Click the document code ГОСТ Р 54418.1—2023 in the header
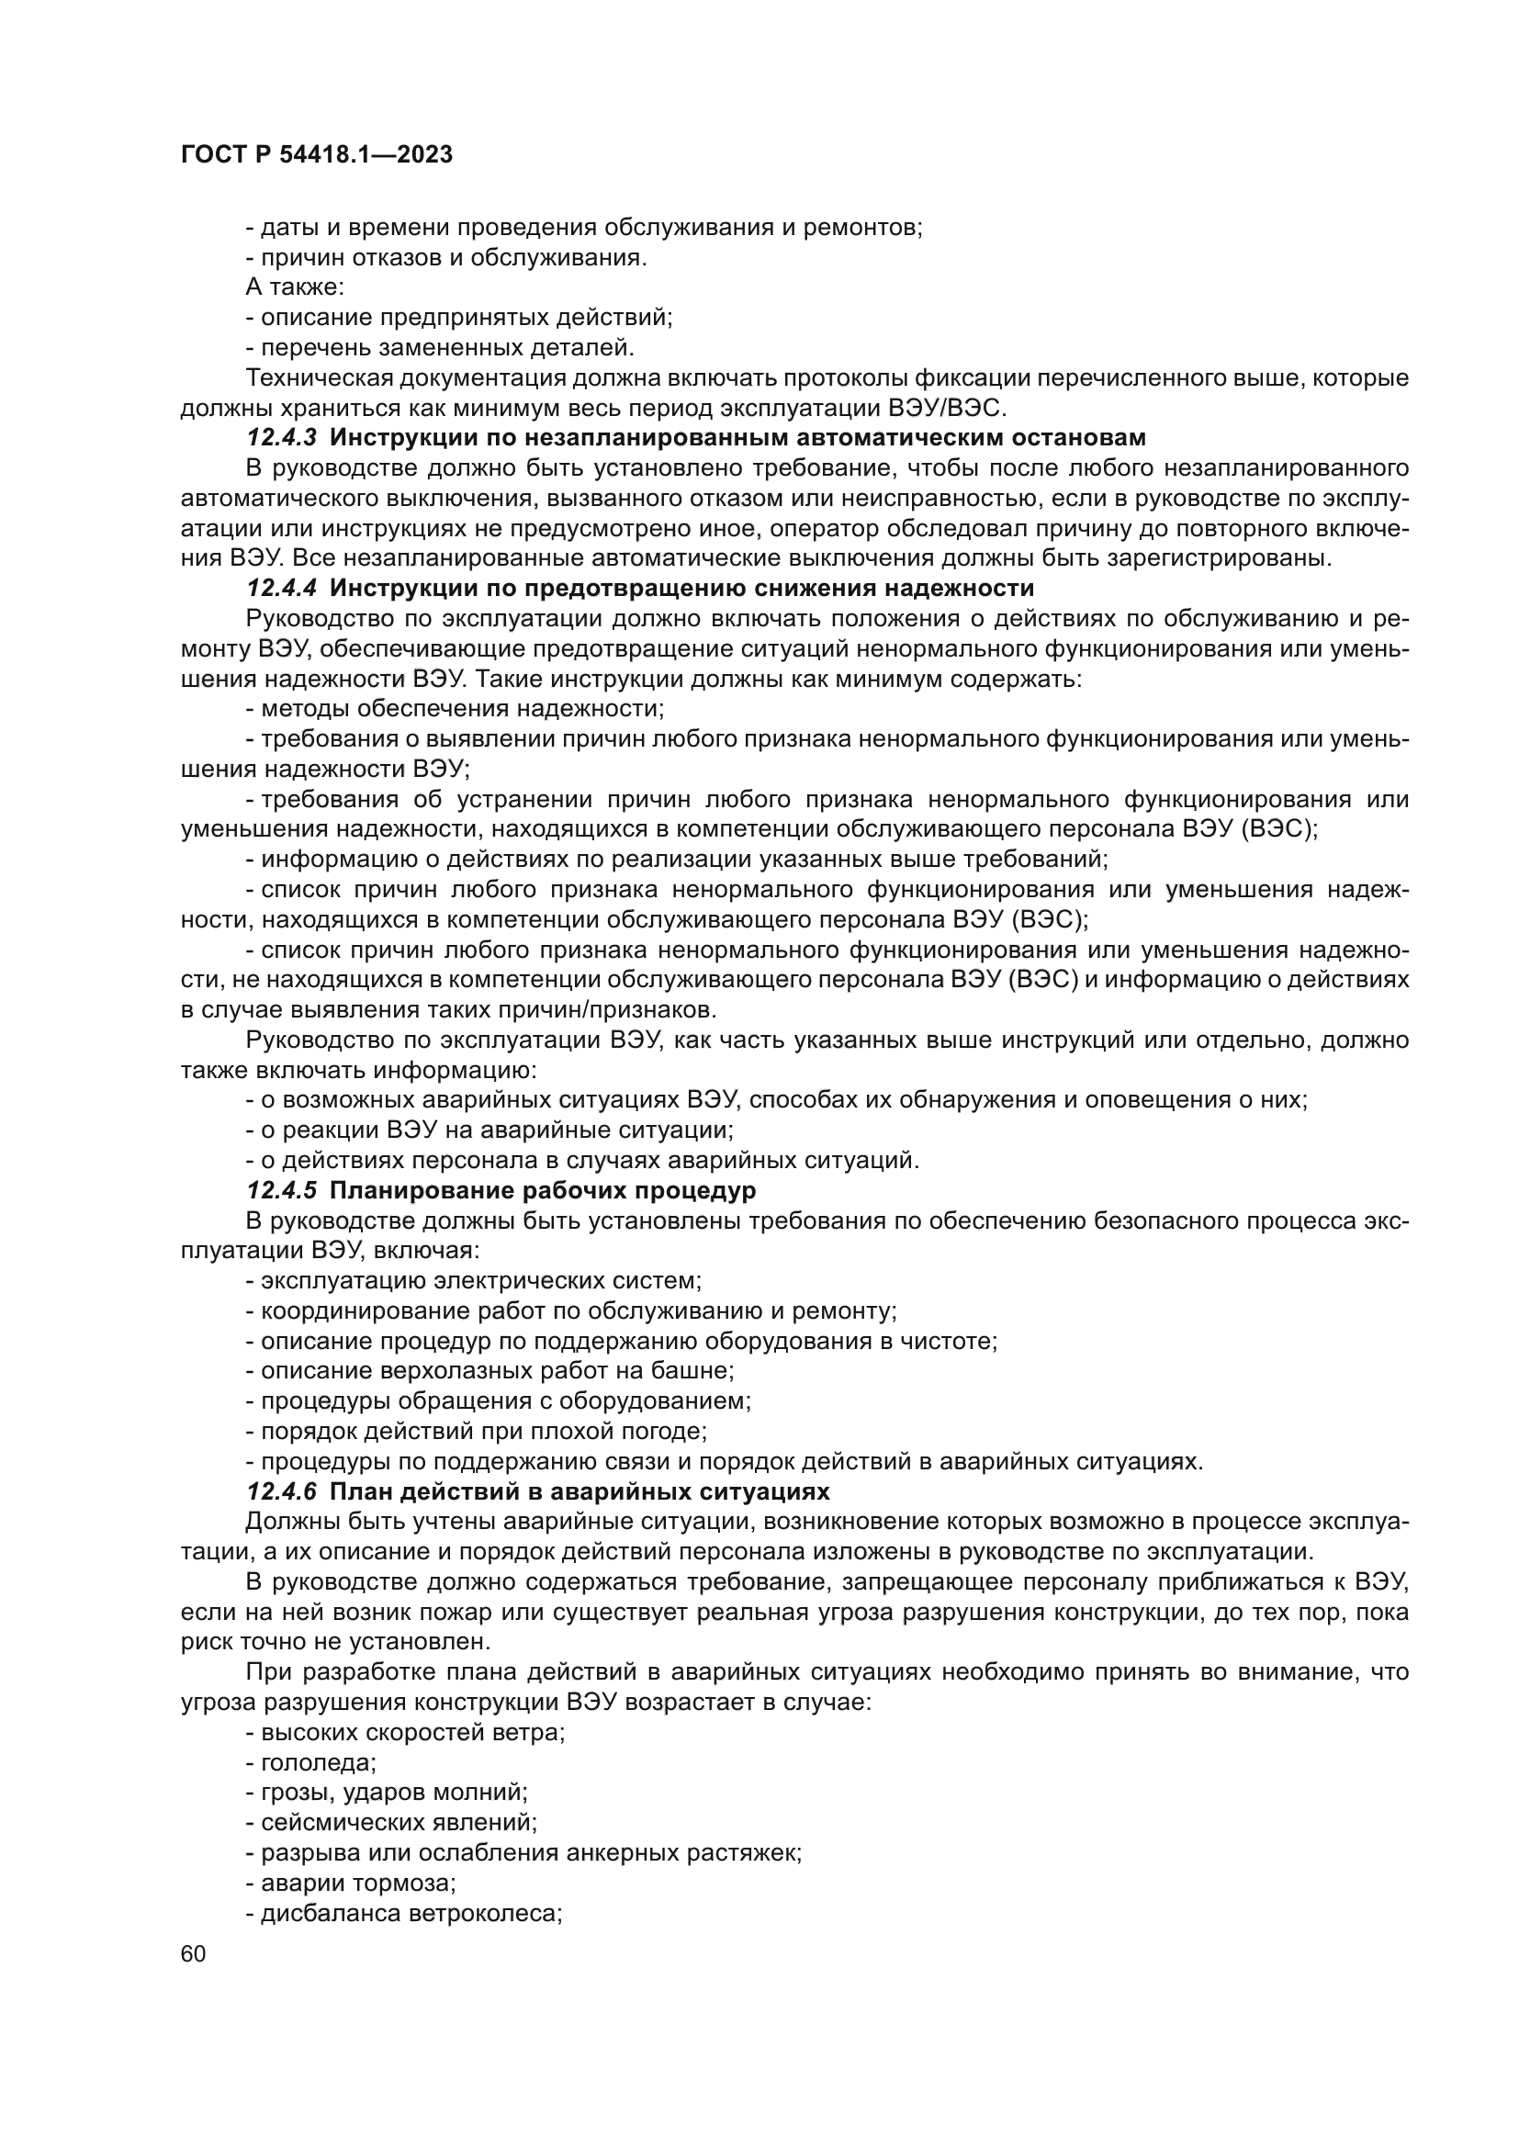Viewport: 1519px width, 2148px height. (x=316, y=155)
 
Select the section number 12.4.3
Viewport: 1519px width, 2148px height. (x=282, y=437)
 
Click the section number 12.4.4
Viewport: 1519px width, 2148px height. (x=282, y=589)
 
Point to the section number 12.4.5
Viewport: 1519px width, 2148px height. (x=282, y=1191)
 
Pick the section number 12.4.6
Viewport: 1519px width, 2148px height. (x=282, y=1491)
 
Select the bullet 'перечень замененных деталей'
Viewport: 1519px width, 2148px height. (x=440, y=348)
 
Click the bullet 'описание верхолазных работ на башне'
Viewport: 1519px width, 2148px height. (x=489, y=1371)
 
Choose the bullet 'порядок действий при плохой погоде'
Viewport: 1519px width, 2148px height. (x=476, y=1432)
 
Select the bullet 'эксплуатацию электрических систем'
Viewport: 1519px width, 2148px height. (x=473, y=1281)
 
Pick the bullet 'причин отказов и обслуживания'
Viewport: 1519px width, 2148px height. (x=446, y=257)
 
